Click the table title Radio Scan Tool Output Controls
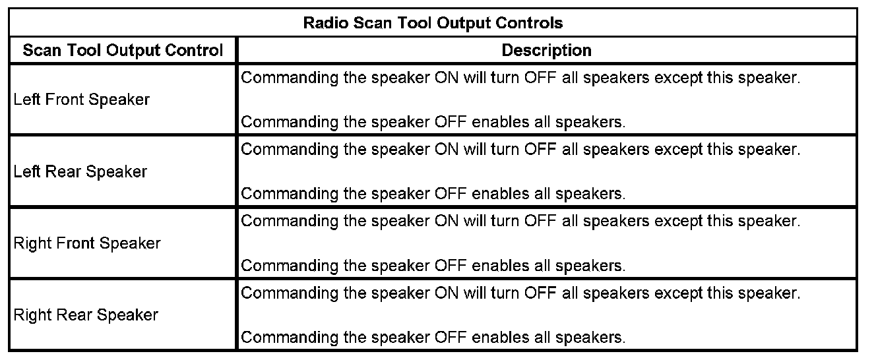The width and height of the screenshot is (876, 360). tap(433, 23)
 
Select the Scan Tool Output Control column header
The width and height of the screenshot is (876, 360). tap(123, 50)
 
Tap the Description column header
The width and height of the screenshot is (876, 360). tap(546, 50)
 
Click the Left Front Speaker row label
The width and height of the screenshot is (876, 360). tap(81, 100)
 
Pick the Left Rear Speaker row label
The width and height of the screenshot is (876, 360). tap(80, 171)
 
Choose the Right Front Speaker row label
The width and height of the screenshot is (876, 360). tap(87, 243)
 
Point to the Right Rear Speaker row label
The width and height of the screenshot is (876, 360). tap(86, 315)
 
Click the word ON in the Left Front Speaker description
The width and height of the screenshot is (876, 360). tap(446, 78)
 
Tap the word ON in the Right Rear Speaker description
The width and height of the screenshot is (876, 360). tap(446, 293)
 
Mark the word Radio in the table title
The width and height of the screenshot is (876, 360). tap(326, 23)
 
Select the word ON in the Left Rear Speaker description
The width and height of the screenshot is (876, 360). tap(446, 149)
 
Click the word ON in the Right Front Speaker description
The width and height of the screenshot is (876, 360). tap(446, 222)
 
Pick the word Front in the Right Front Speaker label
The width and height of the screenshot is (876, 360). tap(76, 243)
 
